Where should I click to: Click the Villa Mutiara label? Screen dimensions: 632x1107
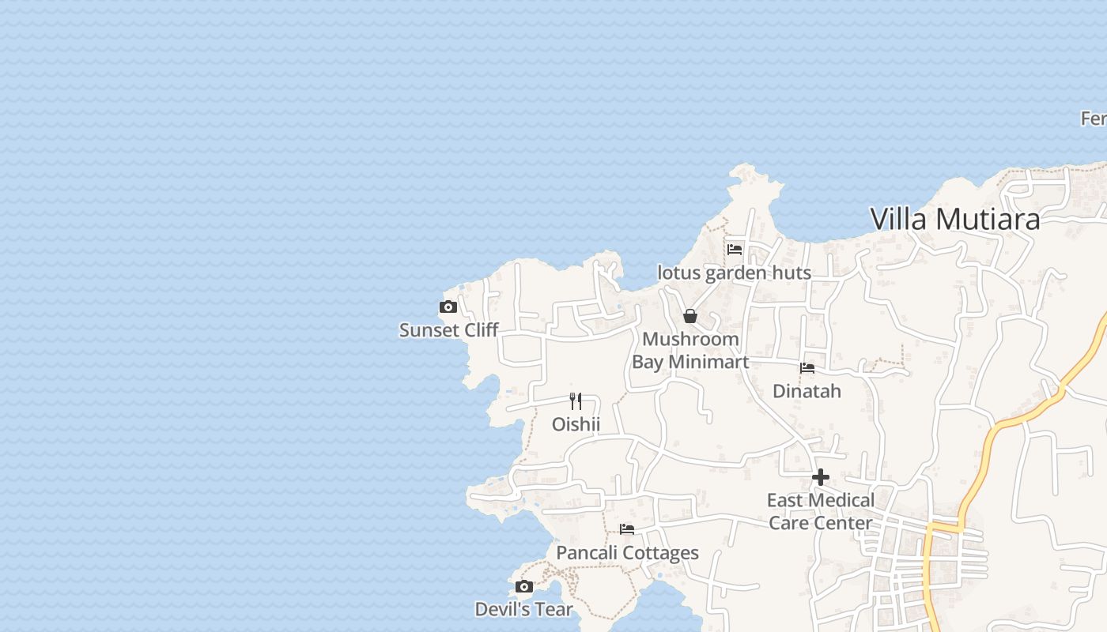pyautogui.click(x=954, y=219)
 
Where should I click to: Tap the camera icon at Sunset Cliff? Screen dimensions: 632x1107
pyautogui.click(x=448, y=307)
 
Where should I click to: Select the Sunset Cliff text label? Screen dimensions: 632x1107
pyautogui.click(x=448, y=330)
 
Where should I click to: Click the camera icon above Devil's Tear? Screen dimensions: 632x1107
pyautogui.click(x=523, y=586)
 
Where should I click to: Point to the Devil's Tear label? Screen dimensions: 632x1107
pyautogui.click(x=523, y=609)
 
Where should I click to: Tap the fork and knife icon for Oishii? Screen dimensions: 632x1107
pyautogui.click(x=576, y=401)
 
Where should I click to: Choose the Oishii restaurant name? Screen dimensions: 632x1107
pyautogui.click(x=576, y=424)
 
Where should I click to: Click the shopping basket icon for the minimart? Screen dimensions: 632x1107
pyautogui.click(x=690, y=316)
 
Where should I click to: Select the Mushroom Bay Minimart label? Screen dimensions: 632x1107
pyautogui.click(x=690, y=351)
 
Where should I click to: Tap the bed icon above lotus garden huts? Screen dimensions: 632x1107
pyautogui.click(x=735, y=250)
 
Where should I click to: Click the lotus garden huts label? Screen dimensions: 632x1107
pyautogui.click(x=735, y=273)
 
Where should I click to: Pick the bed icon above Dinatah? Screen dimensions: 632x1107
pyautogui.click(x=807, y=368)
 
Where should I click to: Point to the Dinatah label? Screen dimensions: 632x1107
pyautogui.click(x=807, y=391)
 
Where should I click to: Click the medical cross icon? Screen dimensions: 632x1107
pyautogui.click(x=821, y=477)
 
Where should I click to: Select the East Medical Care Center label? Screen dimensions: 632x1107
pyautogui.click(x=821, y=511)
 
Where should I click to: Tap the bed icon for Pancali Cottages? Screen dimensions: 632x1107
pyautogui.click(x=627, y=529)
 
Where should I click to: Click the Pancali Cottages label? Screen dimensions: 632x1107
pyautogui.click(x=627, y=552)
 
